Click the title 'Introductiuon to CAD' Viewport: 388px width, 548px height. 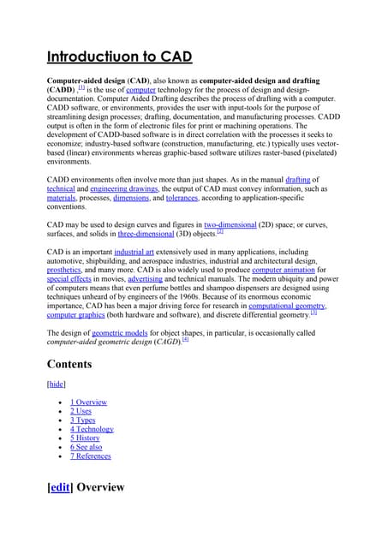(x=118, y=57)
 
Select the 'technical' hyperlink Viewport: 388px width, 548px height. (x=61, y=188)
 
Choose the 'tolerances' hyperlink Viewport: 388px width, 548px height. (x=182, y=198)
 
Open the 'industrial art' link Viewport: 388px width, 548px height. (x=141, y=253)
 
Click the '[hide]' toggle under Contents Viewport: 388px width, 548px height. (x=56, y=384)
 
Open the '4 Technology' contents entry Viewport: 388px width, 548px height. (x=92, y=429)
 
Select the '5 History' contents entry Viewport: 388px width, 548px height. (x=85, y=438)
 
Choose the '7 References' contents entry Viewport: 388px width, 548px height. (x=90, y=456)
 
